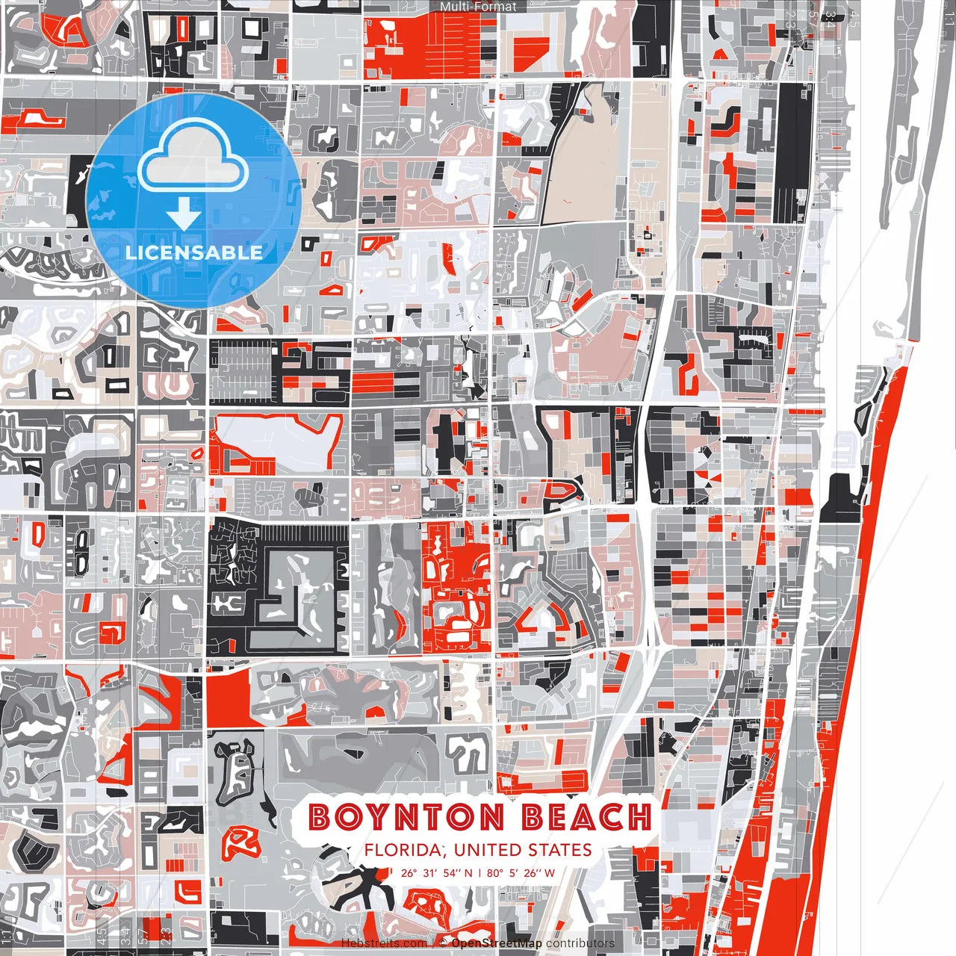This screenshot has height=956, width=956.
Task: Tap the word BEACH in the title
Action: [x=586, y=817]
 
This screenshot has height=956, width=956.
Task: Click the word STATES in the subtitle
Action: [x=559, y=850]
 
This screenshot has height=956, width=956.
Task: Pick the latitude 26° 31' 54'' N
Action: [x=436, y=872]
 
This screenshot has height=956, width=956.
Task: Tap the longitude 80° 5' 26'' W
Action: [x=521, y=872]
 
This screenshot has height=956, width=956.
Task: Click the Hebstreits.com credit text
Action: [x=384, y=943]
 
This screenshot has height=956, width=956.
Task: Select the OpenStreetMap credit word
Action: [x=497, y=943]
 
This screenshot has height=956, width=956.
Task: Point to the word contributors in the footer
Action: [x=580, y=943]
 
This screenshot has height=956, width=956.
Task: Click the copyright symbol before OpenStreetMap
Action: [x=443, y=943]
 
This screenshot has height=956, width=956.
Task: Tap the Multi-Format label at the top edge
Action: [x=478, y=7]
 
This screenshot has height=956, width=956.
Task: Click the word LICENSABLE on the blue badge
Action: [x=194, y=252]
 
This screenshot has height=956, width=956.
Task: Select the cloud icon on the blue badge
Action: [x=193, y=158]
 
